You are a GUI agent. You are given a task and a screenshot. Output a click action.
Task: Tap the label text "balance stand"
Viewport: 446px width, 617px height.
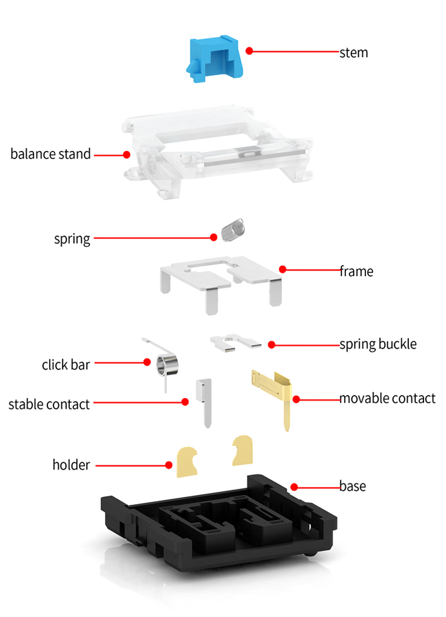point(50,153)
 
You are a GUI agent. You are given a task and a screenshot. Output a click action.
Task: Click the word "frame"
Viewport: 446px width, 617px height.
point(356,271)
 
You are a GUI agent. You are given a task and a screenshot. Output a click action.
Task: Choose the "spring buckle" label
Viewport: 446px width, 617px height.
point(378,344)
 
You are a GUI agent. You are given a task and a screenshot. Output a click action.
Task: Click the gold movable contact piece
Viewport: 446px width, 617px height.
point(276,388)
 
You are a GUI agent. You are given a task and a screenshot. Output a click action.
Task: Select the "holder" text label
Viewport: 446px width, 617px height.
point(71,465)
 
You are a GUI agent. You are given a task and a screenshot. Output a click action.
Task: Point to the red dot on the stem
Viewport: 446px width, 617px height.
point(249,51)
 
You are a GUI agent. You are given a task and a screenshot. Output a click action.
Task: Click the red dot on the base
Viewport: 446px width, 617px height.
point(294,487)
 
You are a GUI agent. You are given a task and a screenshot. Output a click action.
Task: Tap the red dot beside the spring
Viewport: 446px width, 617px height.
point(214,237)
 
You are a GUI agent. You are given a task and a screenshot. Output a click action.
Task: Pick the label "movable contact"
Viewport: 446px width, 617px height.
point(387,399)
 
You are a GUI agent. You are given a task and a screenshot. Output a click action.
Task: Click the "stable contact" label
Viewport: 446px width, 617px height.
point(49,404)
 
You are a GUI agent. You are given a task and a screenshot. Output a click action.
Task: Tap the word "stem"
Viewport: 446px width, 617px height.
point(354,52)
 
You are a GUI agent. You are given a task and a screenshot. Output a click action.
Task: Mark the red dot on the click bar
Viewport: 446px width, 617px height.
point(147,362)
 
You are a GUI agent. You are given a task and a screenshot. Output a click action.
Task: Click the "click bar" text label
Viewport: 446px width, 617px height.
point(66,365)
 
